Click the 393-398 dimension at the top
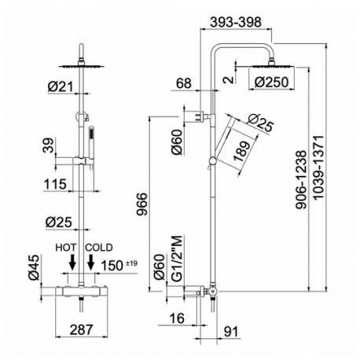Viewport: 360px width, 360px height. (x=236, y=22)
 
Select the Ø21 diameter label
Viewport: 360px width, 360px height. (x=61, y=86)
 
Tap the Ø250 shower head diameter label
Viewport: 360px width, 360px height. (x=271, y=83)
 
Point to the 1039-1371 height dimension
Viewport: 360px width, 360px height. (x=318, y=168)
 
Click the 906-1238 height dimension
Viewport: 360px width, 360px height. (x=301, y=180)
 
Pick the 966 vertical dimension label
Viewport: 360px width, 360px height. (x=142, y=204)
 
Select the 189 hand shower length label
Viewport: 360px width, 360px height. (x=241, y=152)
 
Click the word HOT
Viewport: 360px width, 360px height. (x=66, y=248)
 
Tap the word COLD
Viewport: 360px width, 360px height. (x=99, y=248)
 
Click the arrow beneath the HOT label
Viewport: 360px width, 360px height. (x=72, y=262)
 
